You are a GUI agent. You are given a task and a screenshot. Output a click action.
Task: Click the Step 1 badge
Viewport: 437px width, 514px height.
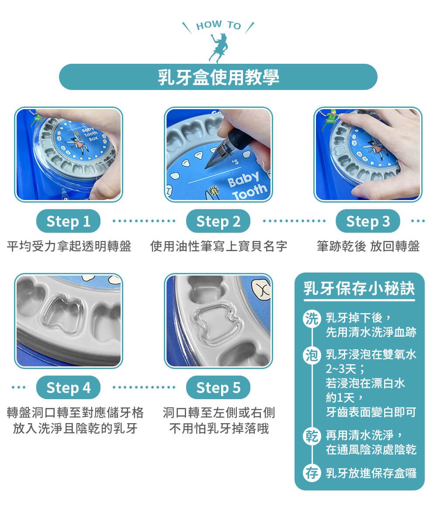(68, 221)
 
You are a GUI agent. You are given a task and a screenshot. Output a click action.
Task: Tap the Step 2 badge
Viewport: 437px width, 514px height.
(218, 221)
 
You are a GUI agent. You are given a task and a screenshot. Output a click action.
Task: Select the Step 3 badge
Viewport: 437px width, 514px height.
(368, 221)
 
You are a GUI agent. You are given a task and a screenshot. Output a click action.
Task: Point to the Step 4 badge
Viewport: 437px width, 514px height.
(68, 388)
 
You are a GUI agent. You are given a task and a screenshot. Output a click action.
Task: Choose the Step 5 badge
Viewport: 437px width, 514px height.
(218, 388)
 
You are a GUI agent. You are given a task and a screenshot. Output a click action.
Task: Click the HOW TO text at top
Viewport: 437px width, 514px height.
(218, 25)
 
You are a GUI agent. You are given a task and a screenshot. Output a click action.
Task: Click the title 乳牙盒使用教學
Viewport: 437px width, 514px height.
(218, 77)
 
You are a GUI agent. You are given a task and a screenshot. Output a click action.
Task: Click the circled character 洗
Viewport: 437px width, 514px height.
(311, 318)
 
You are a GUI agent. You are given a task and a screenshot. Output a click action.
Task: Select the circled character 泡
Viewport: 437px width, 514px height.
(311, 355)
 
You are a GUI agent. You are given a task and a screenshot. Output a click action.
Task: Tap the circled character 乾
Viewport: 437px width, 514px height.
(311, 436)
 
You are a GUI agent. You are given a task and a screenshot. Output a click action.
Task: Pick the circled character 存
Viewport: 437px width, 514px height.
(311, 473)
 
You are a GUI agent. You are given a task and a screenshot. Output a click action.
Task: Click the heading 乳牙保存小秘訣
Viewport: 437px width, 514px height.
(359, 289)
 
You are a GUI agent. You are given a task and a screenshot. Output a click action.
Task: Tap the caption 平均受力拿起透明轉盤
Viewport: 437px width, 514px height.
(69, 246)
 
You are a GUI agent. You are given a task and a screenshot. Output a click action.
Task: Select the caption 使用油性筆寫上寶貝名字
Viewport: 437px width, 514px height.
(218, 246)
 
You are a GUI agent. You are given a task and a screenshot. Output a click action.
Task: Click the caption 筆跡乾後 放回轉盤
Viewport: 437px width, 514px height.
(368, 246)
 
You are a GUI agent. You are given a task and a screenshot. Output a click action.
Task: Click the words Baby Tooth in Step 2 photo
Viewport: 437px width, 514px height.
(247, 185)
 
